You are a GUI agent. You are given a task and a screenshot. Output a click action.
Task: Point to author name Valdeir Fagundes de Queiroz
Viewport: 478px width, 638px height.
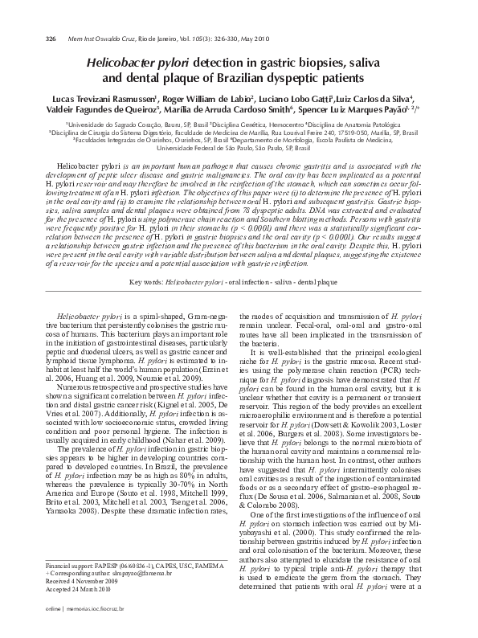pos(95,109)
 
